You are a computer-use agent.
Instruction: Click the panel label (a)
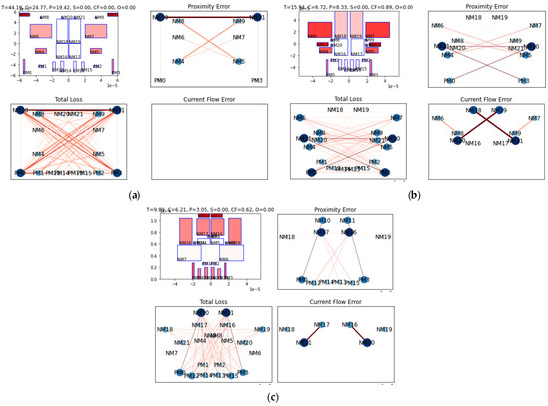click(134, 194)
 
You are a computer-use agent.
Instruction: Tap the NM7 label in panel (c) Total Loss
click(172, 353)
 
